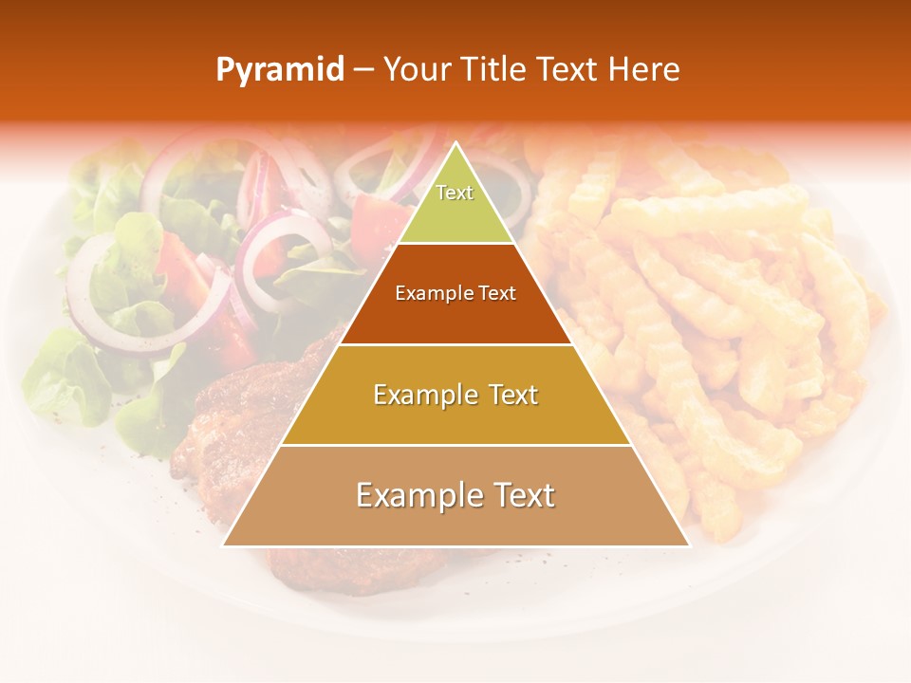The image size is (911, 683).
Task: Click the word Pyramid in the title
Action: point(280,70)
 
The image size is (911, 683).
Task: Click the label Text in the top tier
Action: point(455,193)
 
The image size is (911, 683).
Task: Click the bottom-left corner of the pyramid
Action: point(225,545)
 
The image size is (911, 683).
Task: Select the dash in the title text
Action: point(363,70)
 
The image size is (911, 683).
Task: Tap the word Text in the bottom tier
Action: point(522,495)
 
